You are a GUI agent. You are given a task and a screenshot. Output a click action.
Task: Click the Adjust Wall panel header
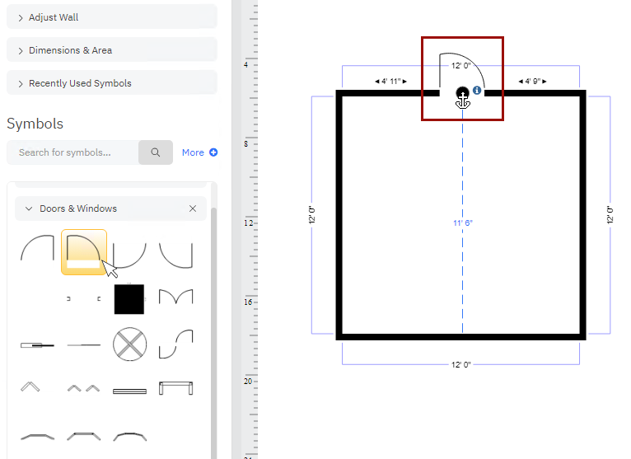click(x=111, y=17)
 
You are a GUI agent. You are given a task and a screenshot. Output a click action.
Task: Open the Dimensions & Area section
click(x=111, y=50)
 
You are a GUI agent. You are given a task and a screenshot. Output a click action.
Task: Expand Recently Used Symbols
click(x=111, y=83)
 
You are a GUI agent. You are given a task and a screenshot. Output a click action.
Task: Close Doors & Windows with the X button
click(x=193, y=208)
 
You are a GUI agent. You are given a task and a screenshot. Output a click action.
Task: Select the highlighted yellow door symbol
click(x=83, y=251)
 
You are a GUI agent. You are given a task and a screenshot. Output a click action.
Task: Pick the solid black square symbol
click(x=129, y=298)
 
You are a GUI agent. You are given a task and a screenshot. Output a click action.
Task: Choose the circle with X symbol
click(x=129, y=344)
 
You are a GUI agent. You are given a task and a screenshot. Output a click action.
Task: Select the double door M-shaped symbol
click(x=175, y=297)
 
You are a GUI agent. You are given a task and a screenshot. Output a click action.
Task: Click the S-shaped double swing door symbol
click(x=175, y=344)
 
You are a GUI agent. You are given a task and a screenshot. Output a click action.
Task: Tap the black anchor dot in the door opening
click(x=462, y=94)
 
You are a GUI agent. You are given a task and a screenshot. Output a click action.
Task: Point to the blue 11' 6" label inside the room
click(x=463, y=223)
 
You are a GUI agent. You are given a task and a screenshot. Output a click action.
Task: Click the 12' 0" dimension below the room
click(x=461, y=364)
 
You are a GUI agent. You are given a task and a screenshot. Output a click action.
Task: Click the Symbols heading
click(x=35, y=124)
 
